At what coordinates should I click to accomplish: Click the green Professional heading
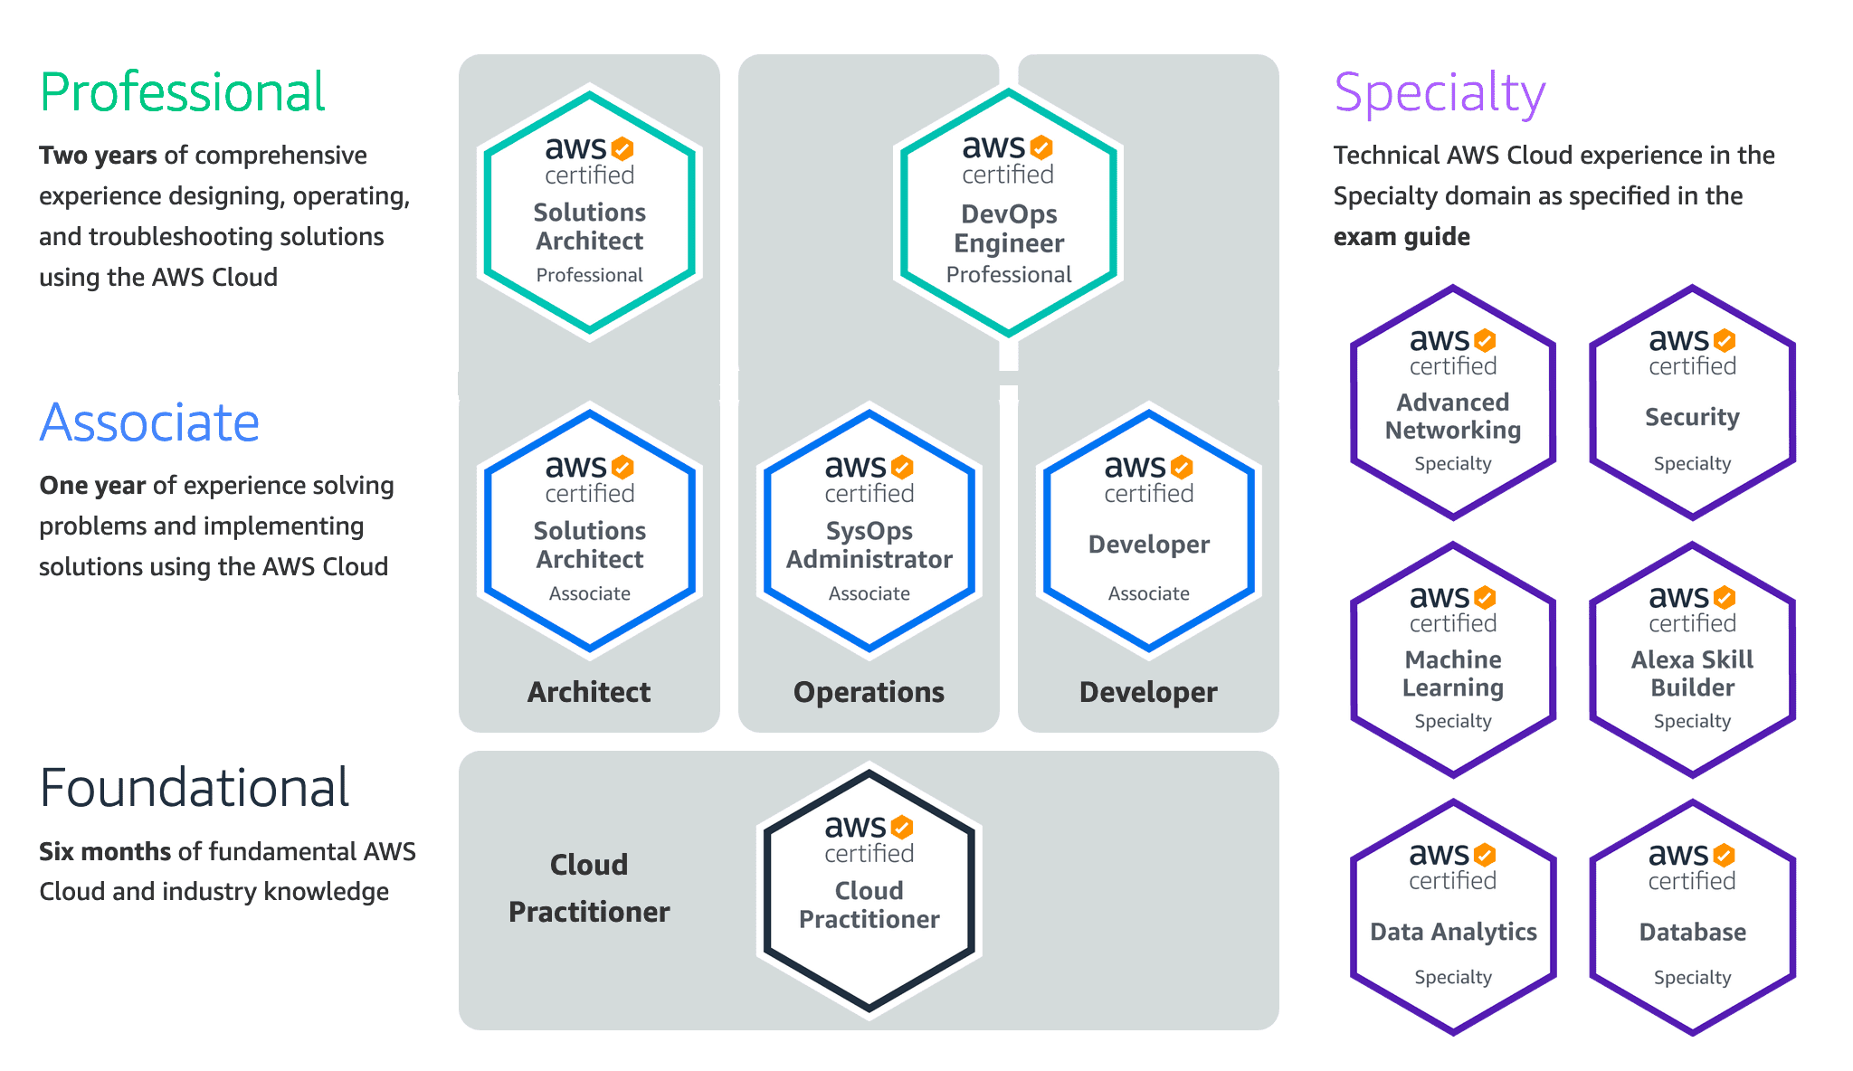pos(182,92)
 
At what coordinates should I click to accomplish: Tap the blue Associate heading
pos(150,422)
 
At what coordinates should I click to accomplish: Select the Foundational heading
pos(195,788)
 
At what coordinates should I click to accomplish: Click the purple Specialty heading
pos(1440,93)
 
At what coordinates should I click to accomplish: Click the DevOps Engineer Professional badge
pos(1009,213)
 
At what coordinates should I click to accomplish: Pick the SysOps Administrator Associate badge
pos(869,530)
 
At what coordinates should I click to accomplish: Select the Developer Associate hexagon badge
pos(1148,530)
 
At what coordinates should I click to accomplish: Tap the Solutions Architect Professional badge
pos(589,213)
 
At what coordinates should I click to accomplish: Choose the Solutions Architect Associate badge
pos(589,530)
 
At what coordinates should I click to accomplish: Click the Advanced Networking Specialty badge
pos(1452,403)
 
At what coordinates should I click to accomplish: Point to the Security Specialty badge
pos(1692,403)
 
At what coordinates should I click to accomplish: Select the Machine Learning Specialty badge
pos(1452,660)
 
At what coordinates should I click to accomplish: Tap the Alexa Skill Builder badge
pos(1692,660)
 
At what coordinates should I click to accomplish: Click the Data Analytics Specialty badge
pos(1452,917)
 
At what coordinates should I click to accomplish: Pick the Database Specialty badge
pos(1692,917)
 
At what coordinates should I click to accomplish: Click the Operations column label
pos(869,692)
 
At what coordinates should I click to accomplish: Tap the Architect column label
pos(589,692)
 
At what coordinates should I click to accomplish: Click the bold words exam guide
pos(1402,237)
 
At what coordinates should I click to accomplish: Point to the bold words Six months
pos(105,851)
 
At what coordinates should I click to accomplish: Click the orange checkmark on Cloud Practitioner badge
pos(902,827)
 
